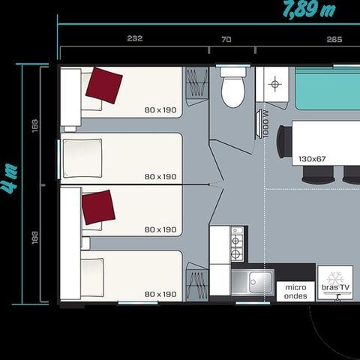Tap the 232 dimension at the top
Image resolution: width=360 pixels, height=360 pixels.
point(135,39)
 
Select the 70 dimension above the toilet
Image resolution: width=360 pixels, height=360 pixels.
point(226,39)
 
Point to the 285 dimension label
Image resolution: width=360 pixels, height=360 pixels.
point(334,39)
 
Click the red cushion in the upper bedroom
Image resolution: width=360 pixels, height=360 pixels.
point(103,83)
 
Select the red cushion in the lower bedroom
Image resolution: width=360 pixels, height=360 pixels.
point(98,207)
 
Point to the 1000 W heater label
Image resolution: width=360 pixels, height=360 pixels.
point(265,124)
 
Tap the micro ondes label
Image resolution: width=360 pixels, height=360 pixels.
point(295,291)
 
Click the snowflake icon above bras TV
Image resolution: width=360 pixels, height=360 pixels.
point(334,274)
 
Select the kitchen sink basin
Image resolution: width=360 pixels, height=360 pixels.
point(252,283)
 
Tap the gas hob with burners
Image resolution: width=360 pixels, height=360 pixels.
point(237,243)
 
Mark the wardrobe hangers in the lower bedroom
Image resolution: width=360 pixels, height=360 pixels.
point(196,284)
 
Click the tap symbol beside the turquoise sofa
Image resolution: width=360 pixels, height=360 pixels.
point(274,85)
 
